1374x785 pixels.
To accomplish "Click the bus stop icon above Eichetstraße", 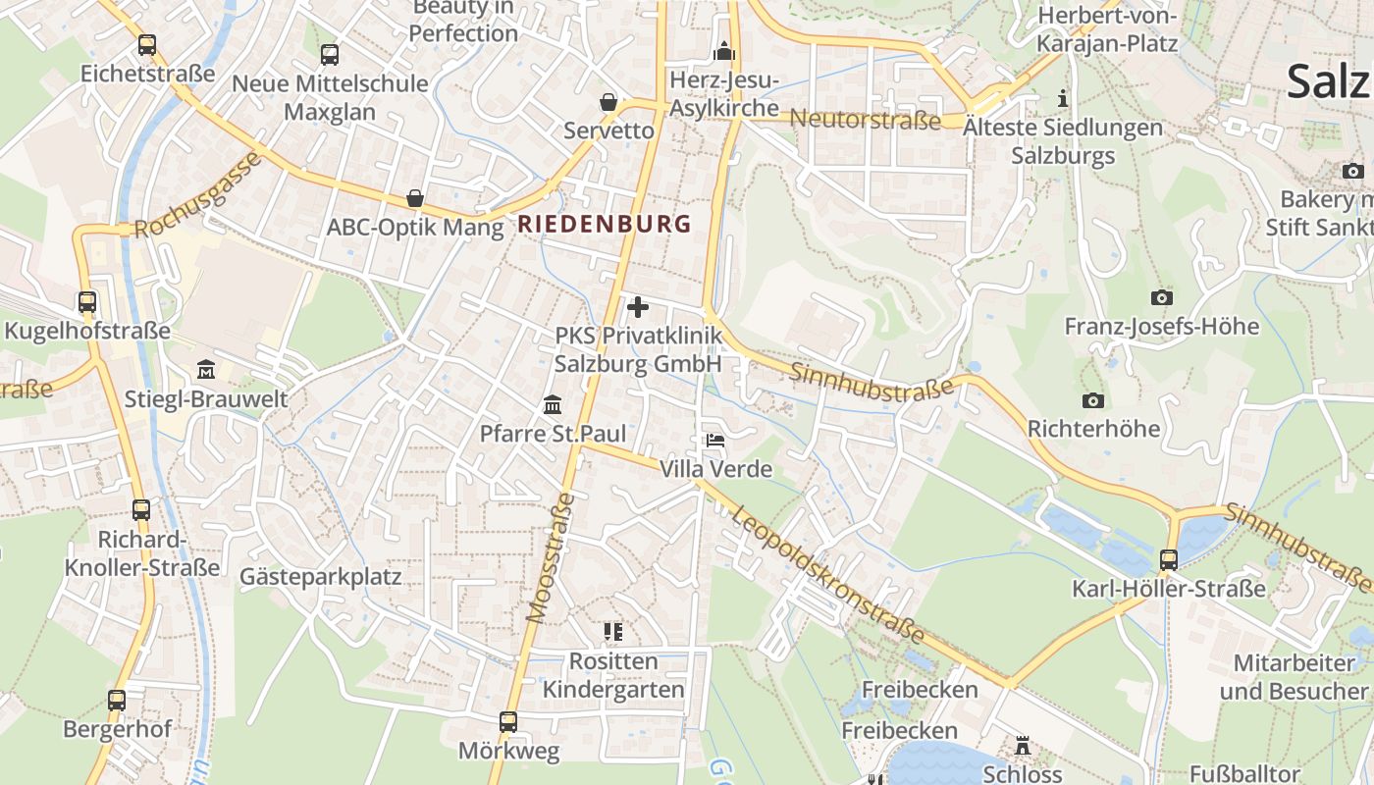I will click(x=147, y=44).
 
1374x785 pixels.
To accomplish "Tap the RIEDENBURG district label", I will click(x=605, y=224).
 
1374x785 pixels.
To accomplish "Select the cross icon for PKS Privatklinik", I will click(x=638, y=307).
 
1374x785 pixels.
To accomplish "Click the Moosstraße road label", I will click(x=551, y=557).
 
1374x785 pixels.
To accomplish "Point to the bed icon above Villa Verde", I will click(x=715, y=440).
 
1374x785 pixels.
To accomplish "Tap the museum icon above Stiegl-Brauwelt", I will click(x=206, y=370).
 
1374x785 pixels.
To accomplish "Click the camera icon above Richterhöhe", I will click(x=1092, y=400).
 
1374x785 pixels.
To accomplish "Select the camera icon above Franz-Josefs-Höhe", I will click(x=1161, y=297).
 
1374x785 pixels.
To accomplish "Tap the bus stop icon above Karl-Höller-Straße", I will click(x=1168, y=560).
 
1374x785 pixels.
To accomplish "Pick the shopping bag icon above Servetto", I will click(x=608, y=102).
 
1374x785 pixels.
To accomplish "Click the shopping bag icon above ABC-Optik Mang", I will click(x=415, y=198).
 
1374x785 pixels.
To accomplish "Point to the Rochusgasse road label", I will click(x=200, y=195).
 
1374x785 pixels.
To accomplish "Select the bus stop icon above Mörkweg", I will click(x=508, y=722).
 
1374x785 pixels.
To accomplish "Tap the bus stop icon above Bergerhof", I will click(x=117, y=701).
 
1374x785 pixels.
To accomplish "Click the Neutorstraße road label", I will click(x=865, y=120).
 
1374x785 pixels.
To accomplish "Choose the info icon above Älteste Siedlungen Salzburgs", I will click(x=1062, y=98).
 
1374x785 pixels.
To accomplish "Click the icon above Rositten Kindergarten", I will click(x=613, y=632).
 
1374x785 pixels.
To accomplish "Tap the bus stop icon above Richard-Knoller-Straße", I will click(x=141, y=510).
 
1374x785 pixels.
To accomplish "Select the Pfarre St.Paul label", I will click(x=553, y=434).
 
